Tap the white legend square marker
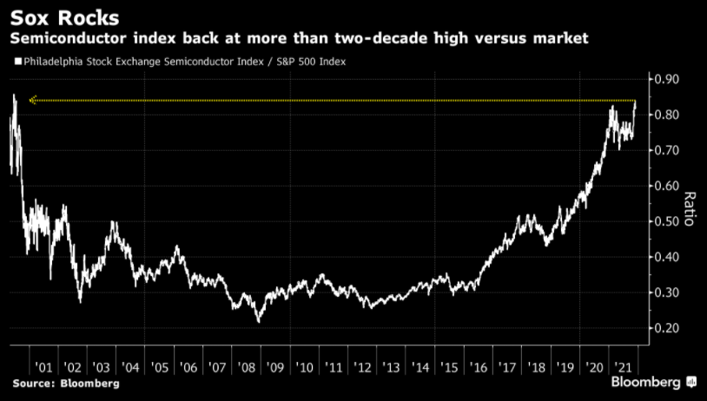tap(17, 62)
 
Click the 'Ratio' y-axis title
tap(690, 208)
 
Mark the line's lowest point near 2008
tap(258, 322)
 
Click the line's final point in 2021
tap(636, 102)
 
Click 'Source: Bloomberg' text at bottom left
tap(65, 383)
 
